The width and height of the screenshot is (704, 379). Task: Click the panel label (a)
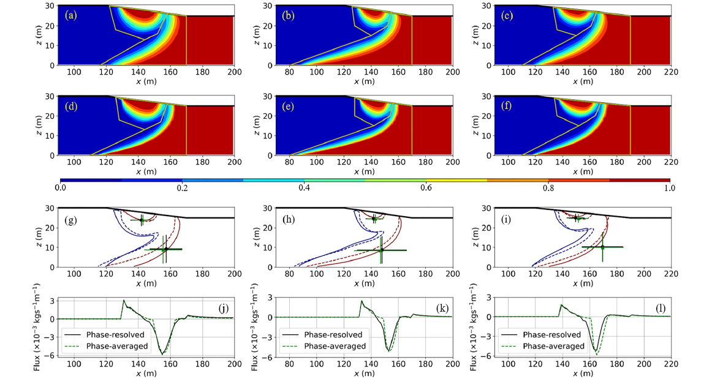(x=72, y=16)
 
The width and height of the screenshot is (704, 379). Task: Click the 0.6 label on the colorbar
(x=426, y=187)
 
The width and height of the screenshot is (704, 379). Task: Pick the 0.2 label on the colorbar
(x=182, y=187)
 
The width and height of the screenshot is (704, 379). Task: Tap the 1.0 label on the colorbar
(x=670, y=187)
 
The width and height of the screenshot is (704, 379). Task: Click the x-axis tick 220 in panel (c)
(x=671, y=73)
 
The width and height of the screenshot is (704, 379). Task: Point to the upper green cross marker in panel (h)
(x=374, y=219)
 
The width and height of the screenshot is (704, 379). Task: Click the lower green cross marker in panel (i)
(x=602, y=247)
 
